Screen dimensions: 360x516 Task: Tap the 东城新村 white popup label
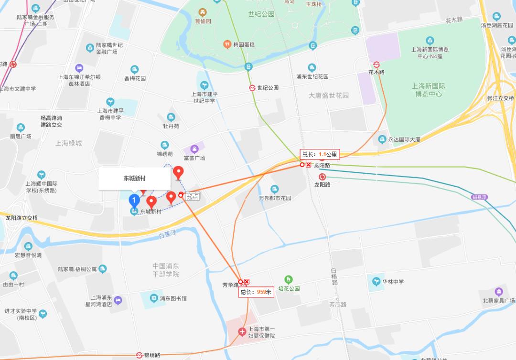tap(134, 179)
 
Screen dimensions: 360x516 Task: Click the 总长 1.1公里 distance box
tap(320, 154)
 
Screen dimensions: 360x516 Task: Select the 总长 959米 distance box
tap(256, 292)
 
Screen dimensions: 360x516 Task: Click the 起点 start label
tap(193, 196)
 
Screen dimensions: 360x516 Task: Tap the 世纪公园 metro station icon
tap(252, 88)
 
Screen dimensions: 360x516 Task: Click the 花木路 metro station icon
tap(376, 64)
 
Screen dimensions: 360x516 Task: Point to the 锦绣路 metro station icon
tap(139, 355)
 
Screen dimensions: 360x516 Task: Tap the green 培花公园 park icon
tap(288, 279)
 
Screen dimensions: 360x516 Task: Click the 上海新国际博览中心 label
tap(429, 90)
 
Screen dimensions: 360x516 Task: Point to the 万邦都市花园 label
tap(275, 198)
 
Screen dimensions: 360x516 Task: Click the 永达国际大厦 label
tap(404, 139)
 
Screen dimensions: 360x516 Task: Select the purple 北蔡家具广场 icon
tap(499, 291)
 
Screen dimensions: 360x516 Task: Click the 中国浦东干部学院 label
tap(165, 270)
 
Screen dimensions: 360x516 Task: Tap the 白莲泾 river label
tap(167, 234)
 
